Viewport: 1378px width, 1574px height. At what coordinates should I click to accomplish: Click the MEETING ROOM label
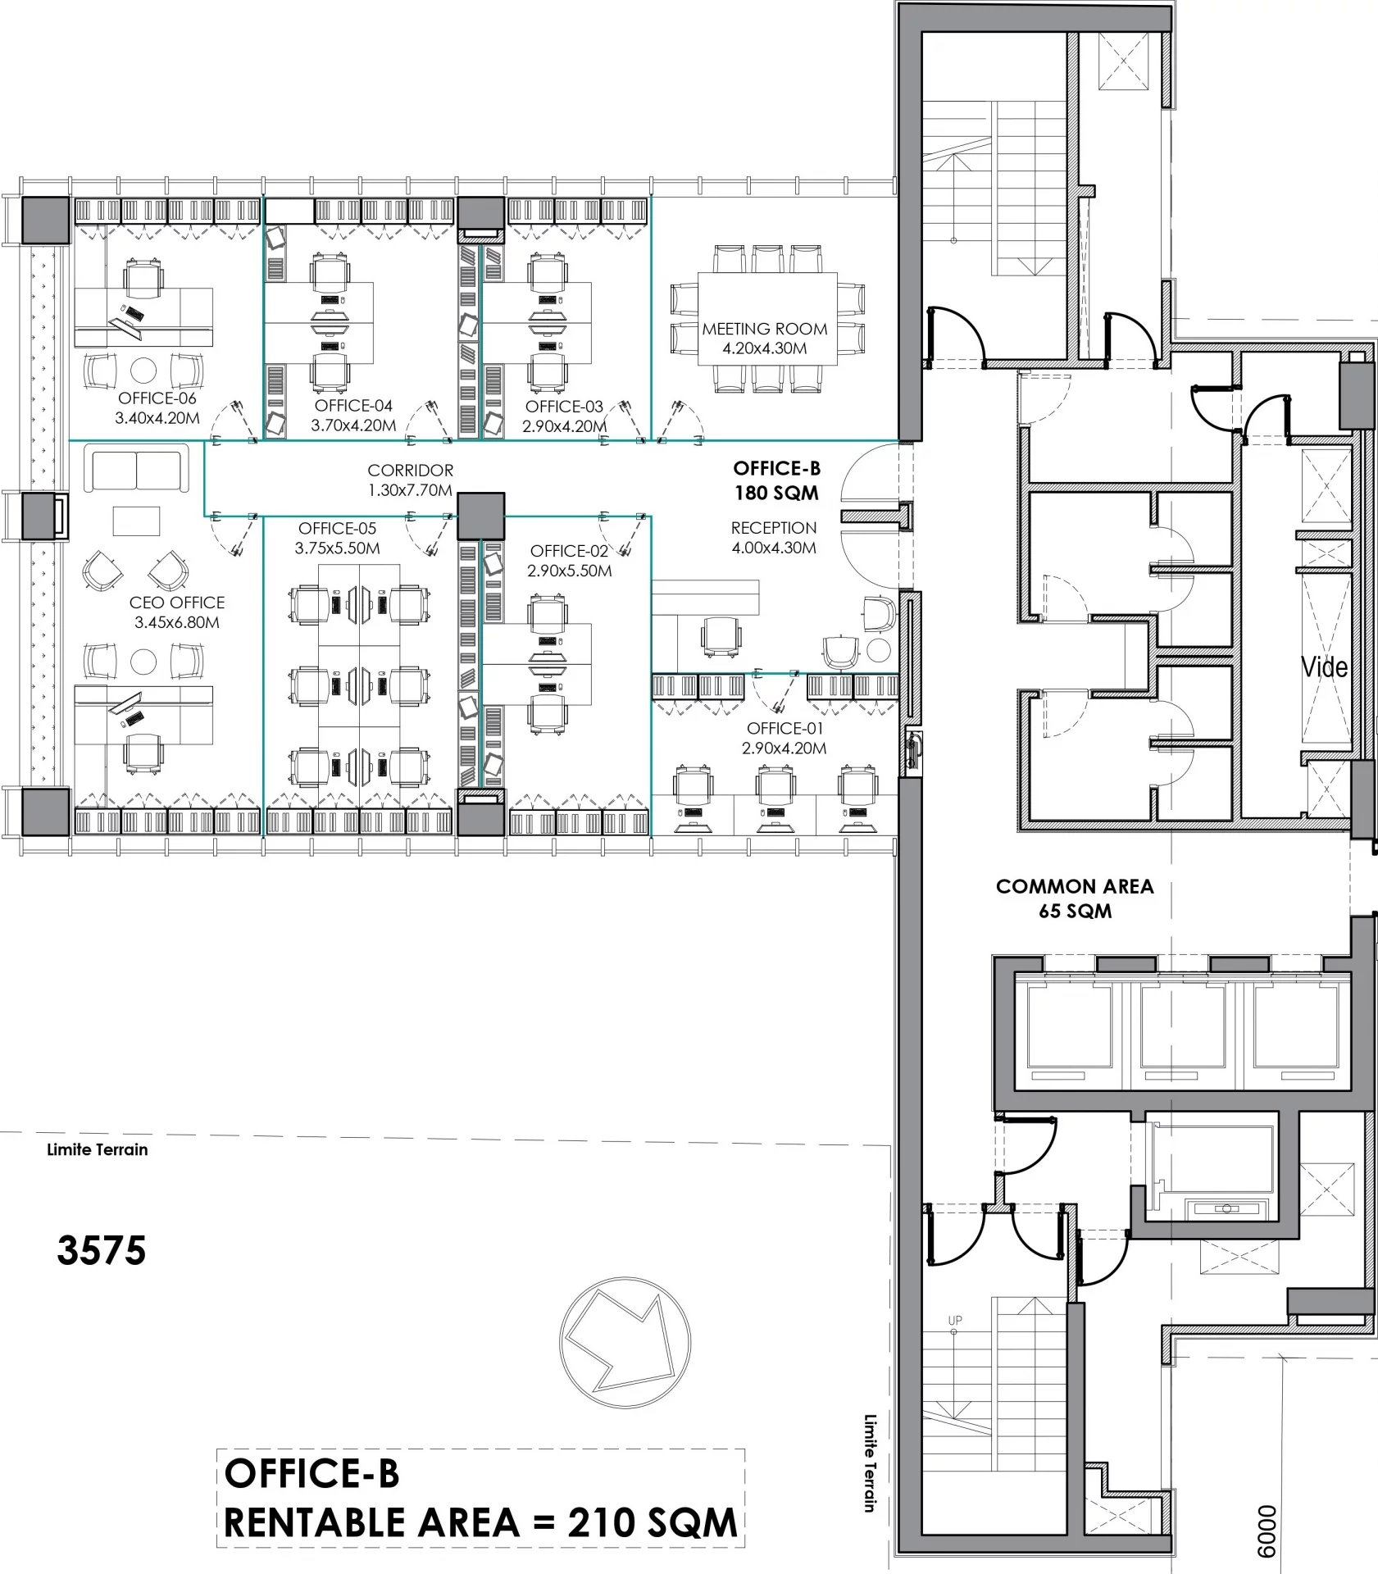(x=765, y=329)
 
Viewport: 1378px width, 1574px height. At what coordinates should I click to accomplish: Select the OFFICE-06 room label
(x=158, y=398)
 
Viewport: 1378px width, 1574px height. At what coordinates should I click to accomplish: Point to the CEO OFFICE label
(x=177, y=603)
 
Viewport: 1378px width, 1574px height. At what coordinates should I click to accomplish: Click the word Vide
(x=1324, y=667)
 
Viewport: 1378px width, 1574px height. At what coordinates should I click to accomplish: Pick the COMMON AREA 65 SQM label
(x=1075, y=898)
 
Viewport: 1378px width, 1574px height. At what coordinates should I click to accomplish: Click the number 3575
(x=102, y=1250)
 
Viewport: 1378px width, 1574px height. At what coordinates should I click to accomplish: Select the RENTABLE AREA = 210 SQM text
(x=480, y=1522)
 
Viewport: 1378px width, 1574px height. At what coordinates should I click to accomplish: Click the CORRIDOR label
(x=410, y=471)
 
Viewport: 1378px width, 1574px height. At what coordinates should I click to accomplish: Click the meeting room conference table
(x=767, y=320)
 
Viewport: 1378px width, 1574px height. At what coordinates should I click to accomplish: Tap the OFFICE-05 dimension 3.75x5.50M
(x=339, y=548)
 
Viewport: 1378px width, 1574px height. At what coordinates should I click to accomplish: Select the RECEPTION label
(x=774, y=528)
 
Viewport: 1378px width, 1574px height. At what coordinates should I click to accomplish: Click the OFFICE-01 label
(x=785, y=728)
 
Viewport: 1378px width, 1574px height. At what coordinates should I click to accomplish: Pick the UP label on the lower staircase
(x=955, y=1321)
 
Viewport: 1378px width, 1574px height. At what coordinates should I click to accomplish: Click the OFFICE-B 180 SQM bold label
(x=776, y=480)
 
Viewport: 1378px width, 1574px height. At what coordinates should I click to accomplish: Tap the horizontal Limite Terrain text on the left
(x=98, y=1149)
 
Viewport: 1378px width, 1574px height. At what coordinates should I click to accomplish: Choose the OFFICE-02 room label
(x=569, y=551)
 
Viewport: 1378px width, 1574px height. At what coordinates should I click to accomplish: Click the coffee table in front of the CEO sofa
(x=137, y=521)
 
